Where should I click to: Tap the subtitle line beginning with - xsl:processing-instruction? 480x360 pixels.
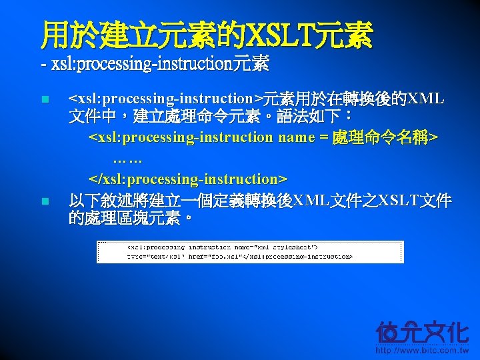[x=155, y=64]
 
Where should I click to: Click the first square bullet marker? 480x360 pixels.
[x=45, y=100]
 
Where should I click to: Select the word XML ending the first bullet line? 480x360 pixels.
[x=426, y=99]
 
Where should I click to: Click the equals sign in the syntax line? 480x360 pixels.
[x=323, y=137]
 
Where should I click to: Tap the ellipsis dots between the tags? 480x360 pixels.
[x=127, y=159]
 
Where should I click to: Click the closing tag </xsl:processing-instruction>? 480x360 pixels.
[x=188, y=179]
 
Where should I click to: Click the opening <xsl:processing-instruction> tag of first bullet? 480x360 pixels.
[x=166, y=99]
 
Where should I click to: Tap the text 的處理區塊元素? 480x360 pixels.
[x=127, y=218]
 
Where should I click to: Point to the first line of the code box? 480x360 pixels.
[x=227, y=247]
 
